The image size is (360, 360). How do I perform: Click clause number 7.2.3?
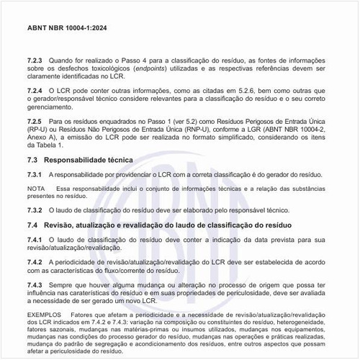(x=35, y=60)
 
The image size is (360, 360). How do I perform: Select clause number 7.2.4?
(x=35, y=90)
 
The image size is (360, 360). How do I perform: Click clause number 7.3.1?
(x=35, y=175)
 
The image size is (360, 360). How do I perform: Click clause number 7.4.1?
(x=35, y=239)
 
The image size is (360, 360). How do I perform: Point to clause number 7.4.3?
(x=35, y=286)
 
